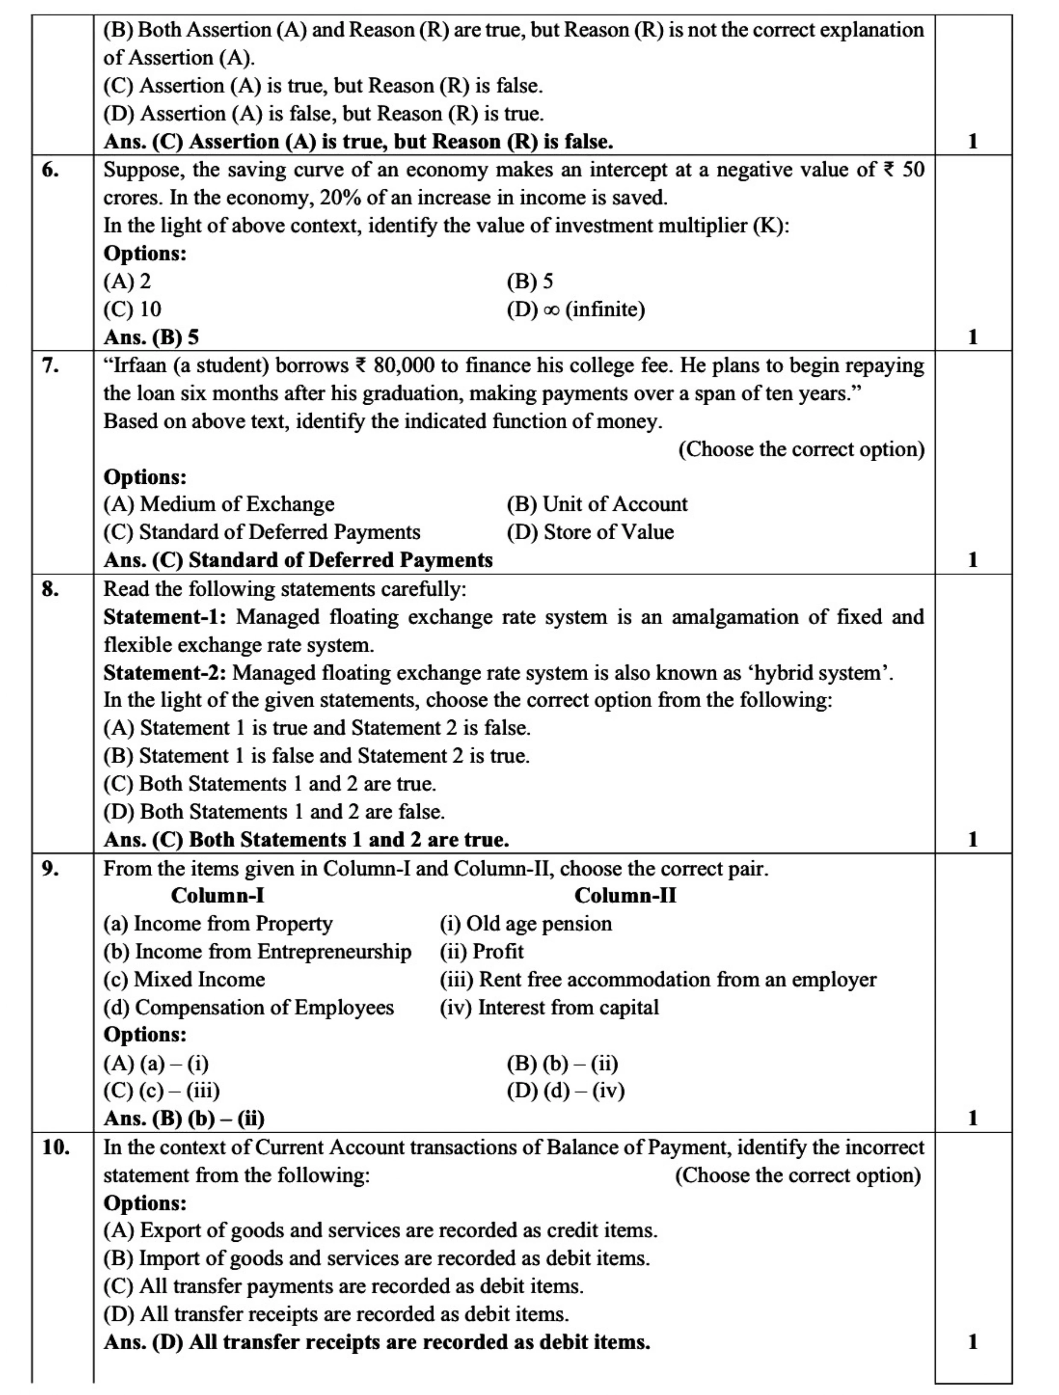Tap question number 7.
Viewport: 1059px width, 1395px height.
coord(50,366)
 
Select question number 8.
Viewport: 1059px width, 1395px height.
coord(50,589)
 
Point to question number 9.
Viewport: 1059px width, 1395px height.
coord(50,869)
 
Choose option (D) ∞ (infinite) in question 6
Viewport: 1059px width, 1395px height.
coord(575,310)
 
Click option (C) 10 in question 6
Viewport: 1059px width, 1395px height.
coord(132,310)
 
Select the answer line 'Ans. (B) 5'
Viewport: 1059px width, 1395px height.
coord(151,337)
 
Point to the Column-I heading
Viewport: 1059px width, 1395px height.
coord(218,895)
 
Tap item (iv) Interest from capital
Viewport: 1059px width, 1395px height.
coord(549,1007)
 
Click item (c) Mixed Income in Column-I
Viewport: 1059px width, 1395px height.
coord(184,980)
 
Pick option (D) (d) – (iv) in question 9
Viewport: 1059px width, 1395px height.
coord(565,1091)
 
